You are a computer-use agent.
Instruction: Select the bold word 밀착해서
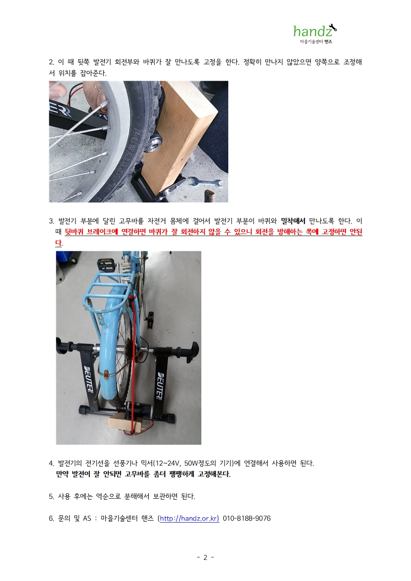coord(293,221)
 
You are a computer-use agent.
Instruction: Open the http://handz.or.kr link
coord(189,518)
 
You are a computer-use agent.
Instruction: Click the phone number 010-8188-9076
coord(247,518)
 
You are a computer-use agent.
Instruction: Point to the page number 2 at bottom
coord(205,557)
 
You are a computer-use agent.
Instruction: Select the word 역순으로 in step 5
coord(108,496)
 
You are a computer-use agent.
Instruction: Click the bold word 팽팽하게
coord(181,474)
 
